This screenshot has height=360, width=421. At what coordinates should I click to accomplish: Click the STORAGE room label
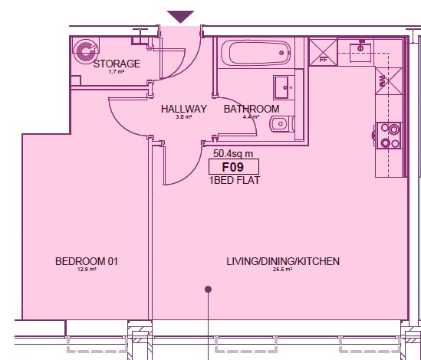click(x=117, y=64)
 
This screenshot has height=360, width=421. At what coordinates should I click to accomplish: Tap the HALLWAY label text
click(x=184, y=109)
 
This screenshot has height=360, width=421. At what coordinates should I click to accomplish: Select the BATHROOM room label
click(x=252, y=109)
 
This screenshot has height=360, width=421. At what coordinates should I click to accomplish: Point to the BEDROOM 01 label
click(x=87, y=261)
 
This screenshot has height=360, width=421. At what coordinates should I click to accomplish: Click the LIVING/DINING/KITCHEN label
click(x=283, y=261)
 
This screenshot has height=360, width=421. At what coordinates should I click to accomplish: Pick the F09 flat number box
click(x=234, y=166)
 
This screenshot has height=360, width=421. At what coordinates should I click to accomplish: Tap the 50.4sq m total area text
click(x=233, y=153)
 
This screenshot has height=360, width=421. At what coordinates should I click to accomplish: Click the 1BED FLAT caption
click(x=235, y=180)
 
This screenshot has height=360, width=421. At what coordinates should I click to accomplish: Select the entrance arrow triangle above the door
click(x=180, y=17)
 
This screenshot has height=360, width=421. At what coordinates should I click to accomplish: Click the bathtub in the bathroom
click(x=255, y=53)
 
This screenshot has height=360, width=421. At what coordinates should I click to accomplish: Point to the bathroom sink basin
click(x=284, y=87)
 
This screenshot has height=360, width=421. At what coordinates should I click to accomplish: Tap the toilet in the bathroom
click(x=282, y=124)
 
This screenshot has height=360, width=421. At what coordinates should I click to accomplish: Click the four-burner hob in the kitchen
click(x=390, y=136)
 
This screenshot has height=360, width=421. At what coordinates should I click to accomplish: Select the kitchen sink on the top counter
click(x=360, y=51)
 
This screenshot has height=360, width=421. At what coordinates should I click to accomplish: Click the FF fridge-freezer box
click(x=323, y=52)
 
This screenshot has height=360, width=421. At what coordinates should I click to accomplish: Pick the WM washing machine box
click(x=389, y=81)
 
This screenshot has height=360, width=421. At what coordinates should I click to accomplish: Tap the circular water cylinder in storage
click(x=85, y=51)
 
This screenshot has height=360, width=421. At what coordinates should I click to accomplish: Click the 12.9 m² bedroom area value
click(x=87, y=269)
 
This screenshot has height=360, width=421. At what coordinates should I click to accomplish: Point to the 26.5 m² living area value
click(x=282, y=269)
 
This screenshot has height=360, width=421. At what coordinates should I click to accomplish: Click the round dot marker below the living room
click(x=208, y=290)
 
